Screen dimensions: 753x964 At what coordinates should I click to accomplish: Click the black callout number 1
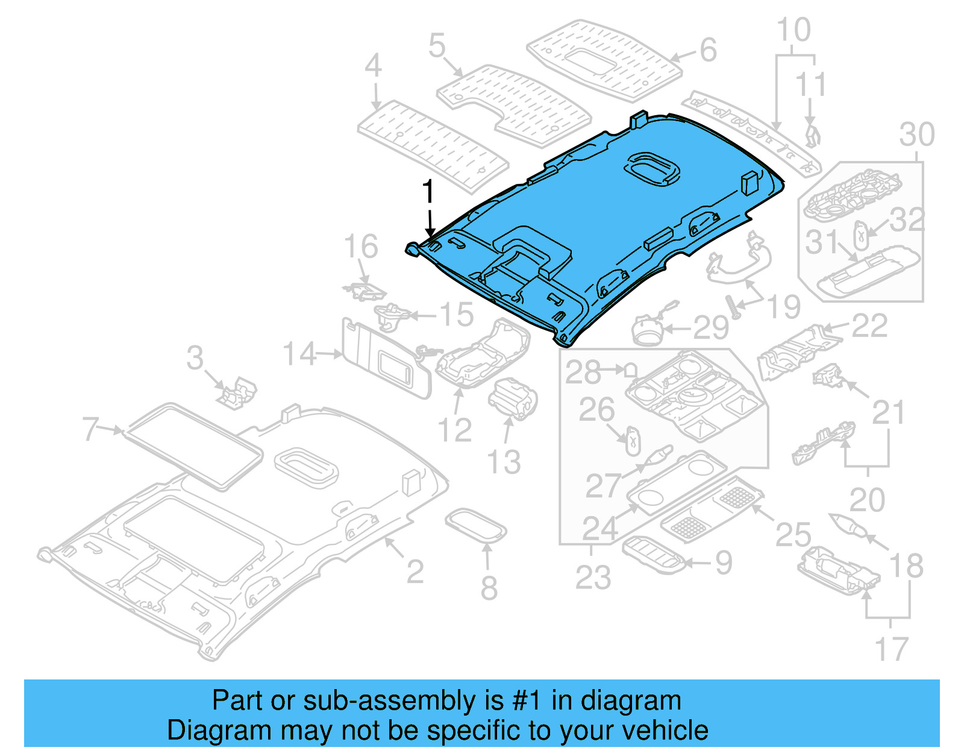(x=428, y=192)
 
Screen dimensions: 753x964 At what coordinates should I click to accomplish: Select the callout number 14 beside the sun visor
(x=299, y=354)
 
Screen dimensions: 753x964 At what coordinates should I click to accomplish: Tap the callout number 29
(x=710, y=328)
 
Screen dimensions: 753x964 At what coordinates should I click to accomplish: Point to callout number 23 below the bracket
(x=593, y=577)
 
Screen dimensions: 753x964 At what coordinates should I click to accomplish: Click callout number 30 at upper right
(x=916, y=134)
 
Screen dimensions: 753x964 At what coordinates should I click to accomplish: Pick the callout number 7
(x=91, y=429)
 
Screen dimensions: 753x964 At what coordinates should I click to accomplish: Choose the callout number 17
(x=890, y=649)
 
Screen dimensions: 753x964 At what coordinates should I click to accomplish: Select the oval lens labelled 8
(x=475, y=525)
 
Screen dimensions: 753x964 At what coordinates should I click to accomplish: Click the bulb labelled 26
(x=631, y=441)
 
